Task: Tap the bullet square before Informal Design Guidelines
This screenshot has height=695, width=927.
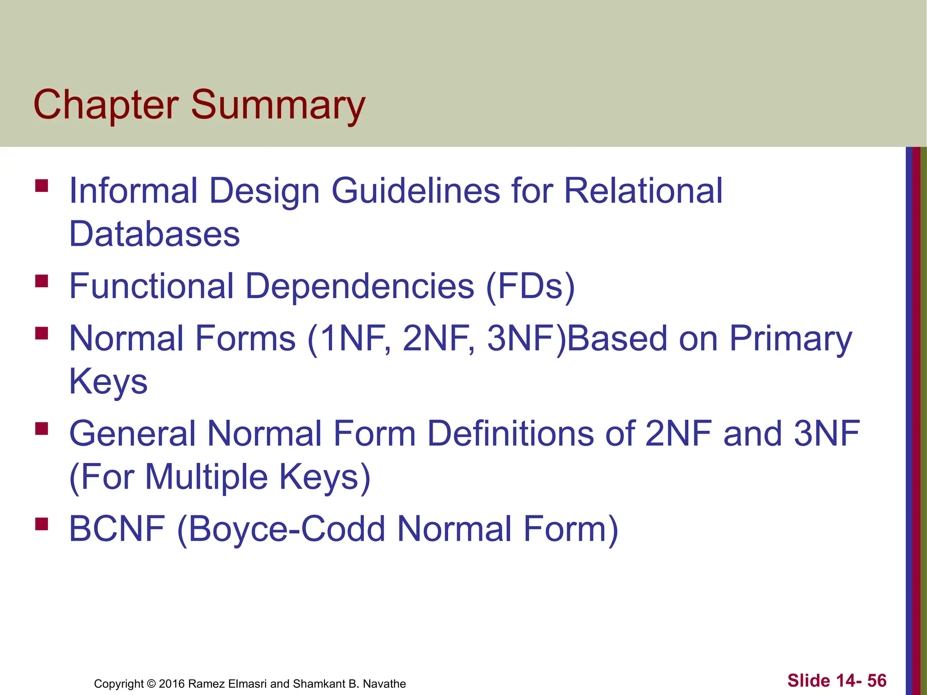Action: click(42, 186)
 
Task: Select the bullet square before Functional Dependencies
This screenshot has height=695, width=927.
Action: click(42, 281)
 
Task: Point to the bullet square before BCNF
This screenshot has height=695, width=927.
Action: click(42, 524)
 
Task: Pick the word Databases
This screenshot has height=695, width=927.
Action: click(154, 234)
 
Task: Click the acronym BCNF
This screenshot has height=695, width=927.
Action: click(117, 528)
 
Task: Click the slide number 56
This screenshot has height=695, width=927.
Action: click(876, 681)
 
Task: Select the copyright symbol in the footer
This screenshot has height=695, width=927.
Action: click(151, 684)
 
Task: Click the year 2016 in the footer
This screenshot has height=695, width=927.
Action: click(172, 684)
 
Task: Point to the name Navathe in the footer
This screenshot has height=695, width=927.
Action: click(384, 684)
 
